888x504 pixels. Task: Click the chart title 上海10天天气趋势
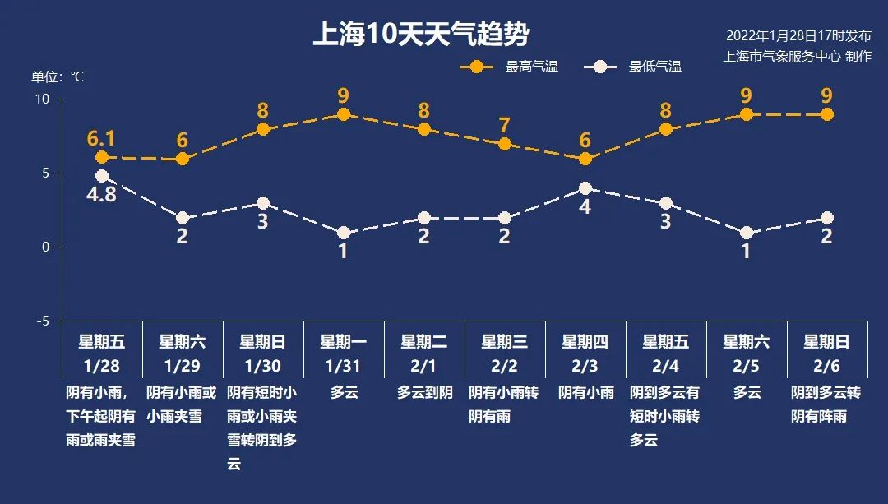click(420, 35)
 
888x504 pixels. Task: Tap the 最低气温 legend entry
click(633, 67)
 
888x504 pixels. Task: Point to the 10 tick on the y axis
click(42, 99)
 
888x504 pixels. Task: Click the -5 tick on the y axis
click(42, 321)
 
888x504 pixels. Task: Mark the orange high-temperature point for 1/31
click(344, 114)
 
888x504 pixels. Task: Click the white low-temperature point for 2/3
click(585, 188)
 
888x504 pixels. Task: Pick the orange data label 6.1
click(101, 137)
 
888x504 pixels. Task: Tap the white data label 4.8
click(101, 196)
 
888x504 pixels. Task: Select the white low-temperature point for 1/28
click(102, 176)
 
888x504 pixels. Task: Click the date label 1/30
click(262, 365)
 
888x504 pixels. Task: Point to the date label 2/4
click(665, 365)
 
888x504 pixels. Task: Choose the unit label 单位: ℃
click(58, 76)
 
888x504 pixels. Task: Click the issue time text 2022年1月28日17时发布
click(798, 36)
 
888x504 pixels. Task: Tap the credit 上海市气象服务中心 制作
click(796, 57)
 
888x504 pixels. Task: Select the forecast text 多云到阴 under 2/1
click(424, 393)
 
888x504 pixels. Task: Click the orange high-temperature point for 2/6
click(826, 114)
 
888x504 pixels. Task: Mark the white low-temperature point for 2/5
click(746, 233)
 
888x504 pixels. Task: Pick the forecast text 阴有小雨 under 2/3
click(585, 393)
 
